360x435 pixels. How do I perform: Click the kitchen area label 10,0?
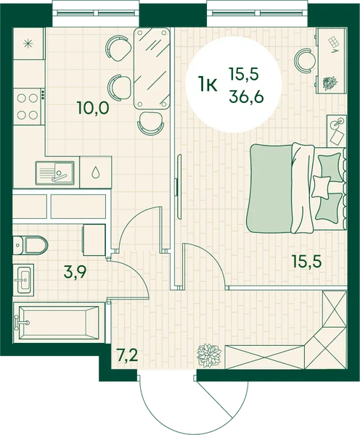94,108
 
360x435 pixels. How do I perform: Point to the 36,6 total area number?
246,97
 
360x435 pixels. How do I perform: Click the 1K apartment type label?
207,85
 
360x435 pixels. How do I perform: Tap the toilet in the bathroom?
30,245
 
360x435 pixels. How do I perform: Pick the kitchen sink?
54,173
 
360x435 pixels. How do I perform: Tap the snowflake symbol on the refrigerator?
28,43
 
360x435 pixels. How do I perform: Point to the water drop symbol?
96,172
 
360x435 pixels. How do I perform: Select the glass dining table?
152,68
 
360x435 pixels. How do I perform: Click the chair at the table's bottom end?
151,123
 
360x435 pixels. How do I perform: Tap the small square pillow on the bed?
322,187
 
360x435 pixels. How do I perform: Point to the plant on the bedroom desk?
330,83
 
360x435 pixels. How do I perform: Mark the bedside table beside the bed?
337,130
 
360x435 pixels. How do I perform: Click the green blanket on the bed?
270,188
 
